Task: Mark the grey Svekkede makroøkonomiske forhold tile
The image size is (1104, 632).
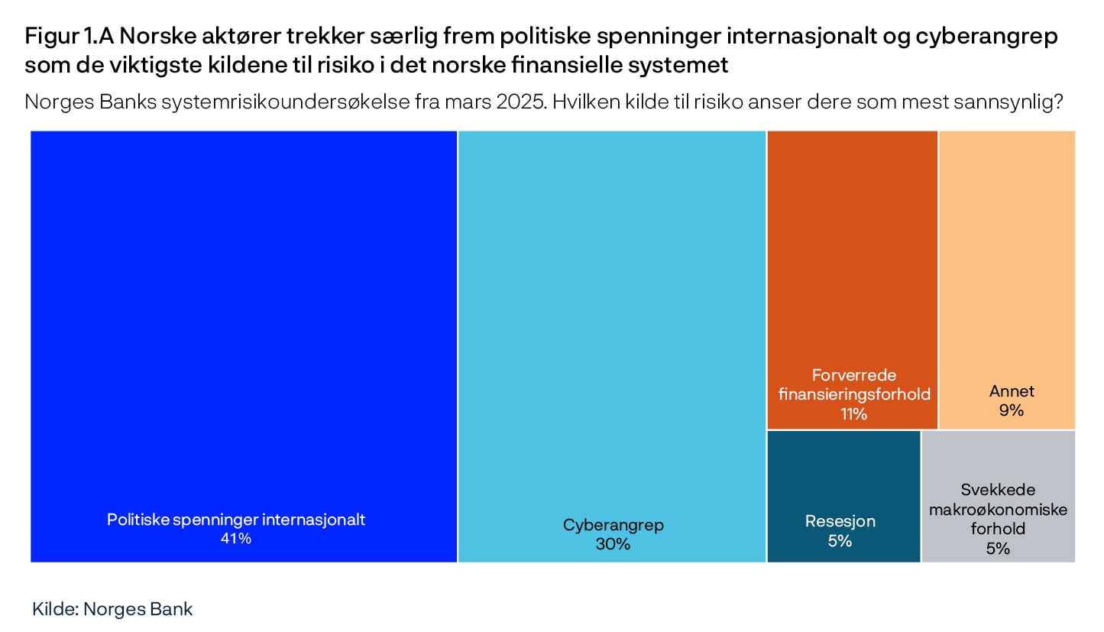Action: tap(998, 459)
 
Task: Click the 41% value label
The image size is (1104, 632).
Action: tap(236, 539)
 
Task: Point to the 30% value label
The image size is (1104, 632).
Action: tap(614, 544)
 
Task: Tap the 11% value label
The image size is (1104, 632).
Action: tap(853, 414)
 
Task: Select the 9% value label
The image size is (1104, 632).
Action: tap(1011, 410)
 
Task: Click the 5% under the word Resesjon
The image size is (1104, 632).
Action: tap(840, 541)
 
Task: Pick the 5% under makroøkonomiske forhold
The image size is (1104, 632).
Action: tap(998, 548)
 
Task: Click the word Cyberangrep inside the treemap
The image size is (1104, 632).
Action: tap(614, 525)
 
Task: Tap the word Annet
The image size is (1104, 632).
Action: tap(1012, 391)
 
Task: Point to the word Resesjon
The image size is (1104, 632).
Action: tap(840, 522)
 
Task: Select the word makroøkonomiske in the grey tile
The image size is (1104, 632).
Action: tap(998, 510)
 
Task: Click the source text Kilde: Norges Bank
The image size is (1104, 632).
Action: tap(112, 609)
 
